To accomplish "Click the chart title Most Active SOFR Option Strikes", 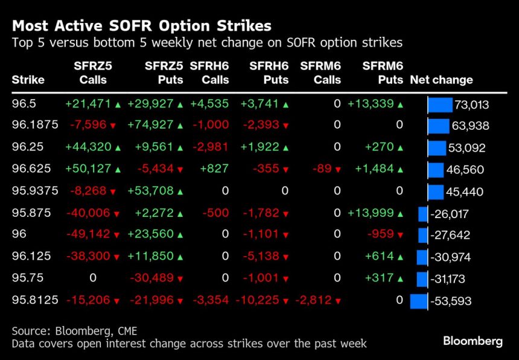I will tap(141, 26).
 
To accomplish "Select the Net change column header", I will tap(441, 80).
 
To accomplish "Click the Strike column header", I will tap(28, 80).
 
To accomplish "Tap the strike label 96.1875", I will tap(34, 125).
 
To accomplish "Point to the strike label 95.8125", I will tap(34, 300).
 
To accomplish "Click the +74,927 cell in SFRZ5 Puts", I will tap(150, 125).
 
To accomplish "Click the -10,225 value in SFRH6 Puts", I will tap(260, 300).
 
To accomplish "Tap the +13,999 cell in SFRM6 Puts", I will tap(370, 213).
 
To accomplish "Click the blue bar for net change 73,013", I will tap(440, 104).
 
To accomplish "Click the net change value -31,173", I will tap(451, 279).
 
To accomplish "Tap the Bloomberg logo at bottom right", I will tap(473, 341).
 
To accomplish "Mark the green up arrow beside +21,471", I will tap(118, 104).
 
